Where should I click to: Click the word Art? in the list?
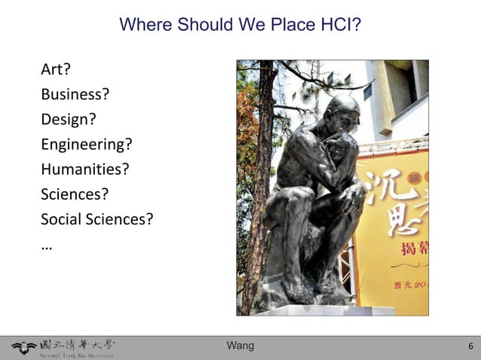point(56,70)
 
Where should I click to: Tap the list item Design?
point(69,120)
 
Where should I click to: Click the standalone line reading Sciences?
point(75,194)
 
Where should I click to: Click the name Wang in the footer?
point(240,346)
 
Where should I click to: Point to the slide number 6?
point(470,346)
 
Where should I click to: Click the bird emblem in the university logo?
point(23,347)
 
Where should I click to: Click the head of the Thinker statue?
point(343,113)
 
